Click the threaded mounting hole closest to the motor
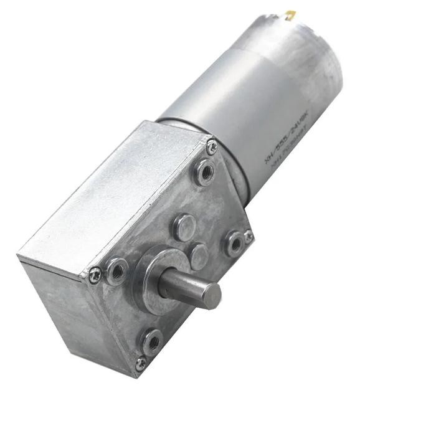click(x=204, y=173)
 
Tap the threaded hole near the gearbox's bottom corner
click(x=151, y=341)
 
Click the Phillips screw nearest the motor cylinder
click(x=212, y=148)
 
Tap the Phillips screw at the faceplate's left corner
click(x=95, y=274)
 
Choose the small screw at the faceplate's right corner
click(x=249, y=236)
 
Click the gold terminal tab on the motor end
click(x=291, y=14)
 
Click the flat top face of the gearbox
click(x=112, y=193)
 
